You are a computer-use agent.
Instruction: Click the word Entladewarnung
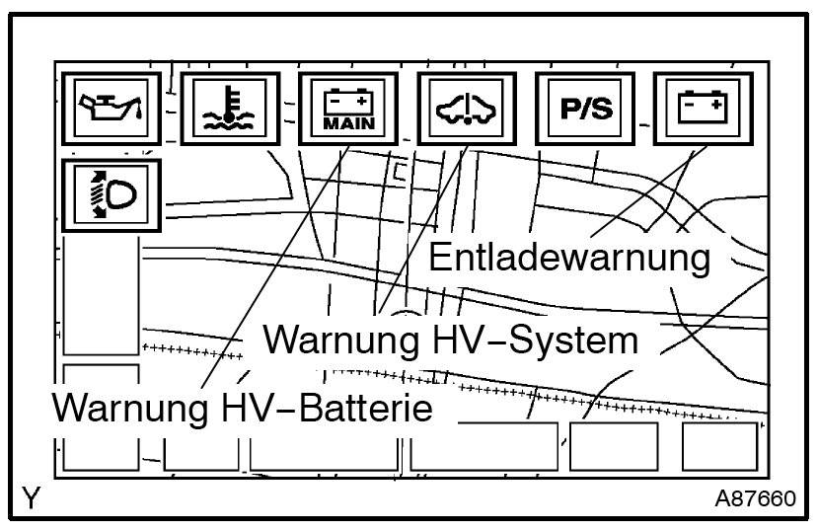tap(570, 259)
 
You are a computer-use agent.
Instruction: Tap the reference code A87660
tap(755, 498)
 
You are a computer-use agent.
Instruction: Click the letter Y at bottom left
tap(32, 498)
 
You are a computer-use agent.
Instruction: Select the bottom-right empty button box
tap(718, 447)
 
